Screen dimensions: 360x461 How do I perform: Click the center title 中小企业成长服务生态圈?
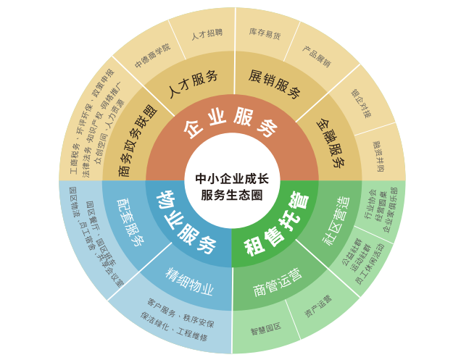231,186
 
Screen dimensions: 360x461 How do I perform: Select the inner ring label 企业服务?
231,127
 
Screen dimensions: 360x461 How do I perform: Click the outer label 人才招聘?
207,34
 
